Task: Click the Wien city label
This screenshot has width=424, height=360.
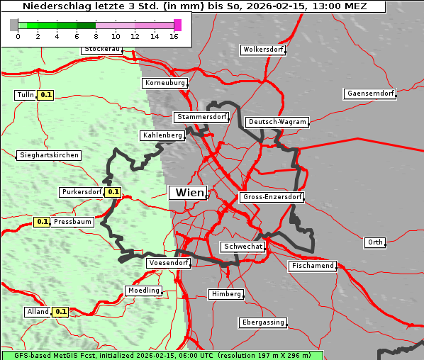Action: click(189, 193)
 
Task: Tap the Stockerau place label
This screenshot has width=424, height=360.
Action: click(102, 50)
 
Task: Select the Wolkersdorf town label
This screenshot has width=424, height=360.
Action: click(263, 50)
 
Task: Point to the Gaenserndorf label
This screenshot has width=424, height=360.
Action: click(369, 94)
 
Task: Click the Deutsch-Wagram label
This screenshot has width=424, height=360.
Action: click(277, 122)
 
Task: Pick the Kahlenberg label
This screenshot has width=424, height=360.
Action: click(162, 135)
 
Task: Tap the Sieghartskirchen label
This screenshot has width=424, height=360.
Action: click(49, 155)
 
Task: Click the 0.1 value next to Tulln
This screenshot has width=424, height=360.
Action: click(46, 95)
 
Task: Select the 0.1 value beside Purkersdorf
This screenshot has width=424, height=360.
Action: click(113, 192)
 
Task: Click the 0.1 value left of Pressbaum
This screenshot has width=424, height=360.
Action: click(42, 222)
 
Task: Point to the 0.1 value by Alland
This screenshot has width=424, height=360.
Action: click(61, 311)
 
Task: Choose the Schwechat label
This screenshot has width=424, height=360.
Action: click(242, 247)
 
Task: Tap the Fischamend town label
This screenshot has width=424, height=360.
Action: click(312, 266)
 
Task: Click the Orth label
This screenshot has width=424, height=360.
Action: click(375, 242)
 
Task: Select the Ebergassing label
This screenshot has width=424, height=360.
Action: click(262, 322)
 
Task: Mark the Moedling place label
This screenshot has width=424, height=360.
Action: click(144, 291)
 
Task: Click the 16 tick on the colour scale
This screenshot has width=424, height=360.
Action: click(174, 36)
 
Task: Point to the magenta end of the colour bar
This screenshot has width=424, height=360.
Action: click(177, 25)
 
